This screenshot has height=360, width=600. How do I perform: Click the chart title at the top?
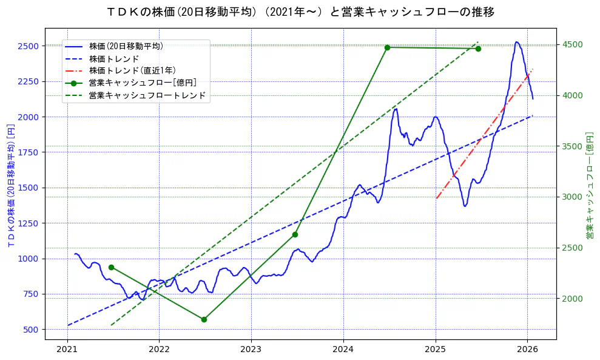pos(300,12)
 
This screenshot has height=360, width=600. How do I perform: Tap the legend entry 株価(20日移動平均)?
pos(125,46)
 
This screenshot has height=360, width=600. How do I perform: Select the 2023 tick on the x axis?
pos(251,350)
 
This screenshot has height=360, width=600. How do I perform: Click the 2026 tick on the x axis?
pos(527,350)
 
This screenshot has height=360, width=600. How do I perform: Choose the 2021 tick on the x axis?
pos(67,350)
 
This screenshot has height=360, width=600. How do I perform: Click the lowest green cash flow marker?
pos(204,319)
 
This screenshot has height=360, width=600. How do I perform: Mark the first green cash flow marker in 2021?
pos(111,267)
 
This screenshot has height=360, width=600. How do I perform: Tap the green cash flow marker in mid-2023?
pos(295,234)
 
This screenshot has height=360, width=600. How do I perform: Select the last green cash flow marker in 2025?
pos(478,49)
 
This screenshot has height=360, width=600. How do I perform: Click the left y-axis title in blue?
pos(11,183)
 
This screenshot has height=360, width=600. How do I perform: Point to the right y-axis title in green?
pos(589,185)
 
